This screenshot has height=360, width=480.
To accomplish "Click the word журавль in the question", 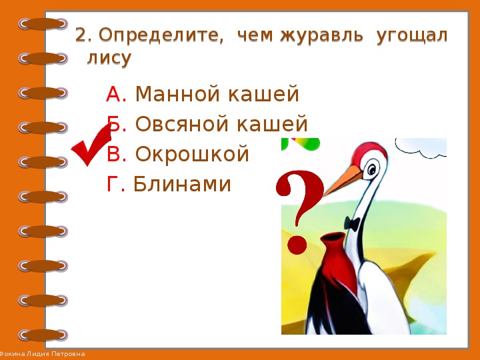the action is click(321, 35).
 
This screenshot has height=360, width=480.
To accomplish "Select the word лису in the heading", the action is click(109, 58).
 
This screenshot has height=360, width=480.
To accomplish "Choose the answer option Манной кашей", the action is click(217, 93).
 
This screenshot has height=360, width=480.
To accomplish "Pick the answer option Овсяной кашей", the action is click(221, 124).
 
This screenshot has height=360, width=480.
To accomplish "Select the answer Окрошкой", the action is click(192, 154).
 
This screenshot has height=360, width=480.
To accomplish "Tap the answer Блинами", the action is click(182, 184).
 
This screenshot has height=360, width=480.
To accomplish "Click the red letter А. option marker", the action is click(116, 94).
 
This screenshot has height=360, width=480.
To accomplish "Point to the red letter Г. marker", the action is click(116, 184).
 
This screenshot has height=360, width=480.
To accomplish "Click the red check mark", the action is click(91, 145).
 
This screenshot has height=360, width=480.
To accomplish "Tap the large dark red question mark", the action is click(299, 212).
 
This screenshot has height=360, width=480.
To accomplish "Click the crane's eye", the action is click(371, 169).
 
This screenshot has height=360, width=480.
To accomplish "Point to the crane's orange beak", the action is click(343, 181).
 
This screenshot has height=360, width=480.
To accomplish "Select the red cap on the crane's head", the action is click(369, 152).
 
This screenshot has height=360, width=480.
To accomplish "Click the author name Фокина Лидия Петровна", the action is click(42, 354).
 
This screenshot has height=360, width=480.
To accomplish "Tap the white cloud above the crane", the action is click(421, 147).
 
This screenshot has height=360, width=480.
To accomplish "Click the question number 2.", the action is click(83, 36).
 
